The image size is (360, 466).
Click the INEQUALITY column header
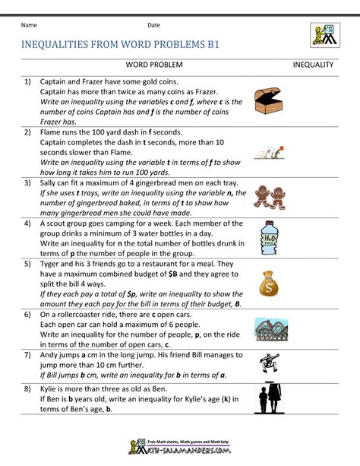point(314,65)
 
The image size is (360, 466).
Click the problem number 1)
point(27,81)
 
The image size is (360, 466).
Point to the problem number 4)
point(27,223)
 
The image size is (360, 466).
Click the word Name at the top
point(30,25)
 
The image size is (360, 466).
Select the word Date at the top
point(153,25)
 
